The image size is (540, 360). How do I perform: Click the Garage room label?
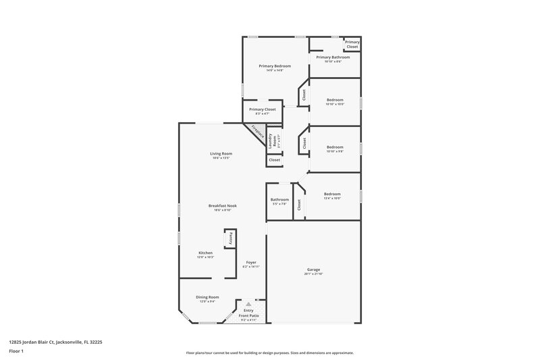pos(314,270)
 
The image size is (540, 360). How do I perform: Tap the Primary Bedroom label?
pos(275,66)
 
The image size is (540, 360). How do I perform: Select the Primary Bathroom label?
pos(333,58)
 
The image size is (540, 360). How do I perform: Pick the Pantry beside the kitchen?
pos(230,238)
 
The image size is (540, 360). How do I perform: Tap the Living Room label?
pos(221,154)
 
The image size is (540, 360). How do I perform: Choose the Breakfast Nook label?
pos(222,206)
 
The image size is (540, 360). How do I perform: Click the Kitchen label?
pos(205,253)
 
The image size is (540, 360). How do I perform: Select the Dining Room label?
pos(207,298)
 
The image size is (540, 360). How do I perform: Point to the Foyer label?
pos(251,263)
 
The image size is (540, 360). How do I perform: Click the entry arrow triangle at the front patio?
pos(247,305)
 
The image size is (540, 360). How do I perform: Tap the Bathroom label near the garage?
pos(279,200)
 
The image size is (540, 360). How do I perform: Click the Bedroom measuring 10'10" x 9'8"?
pos(335,148)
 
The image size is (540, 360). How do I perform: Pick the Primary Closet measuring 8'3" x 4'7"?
pos(262,110)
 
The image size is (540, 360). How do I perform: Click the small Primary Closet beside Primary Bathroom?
pos(352,45)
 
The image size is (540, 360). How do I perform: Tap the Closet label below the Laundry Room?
pos(274,161)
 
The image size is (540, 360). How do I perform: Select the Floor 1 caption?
pos(16,352)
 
